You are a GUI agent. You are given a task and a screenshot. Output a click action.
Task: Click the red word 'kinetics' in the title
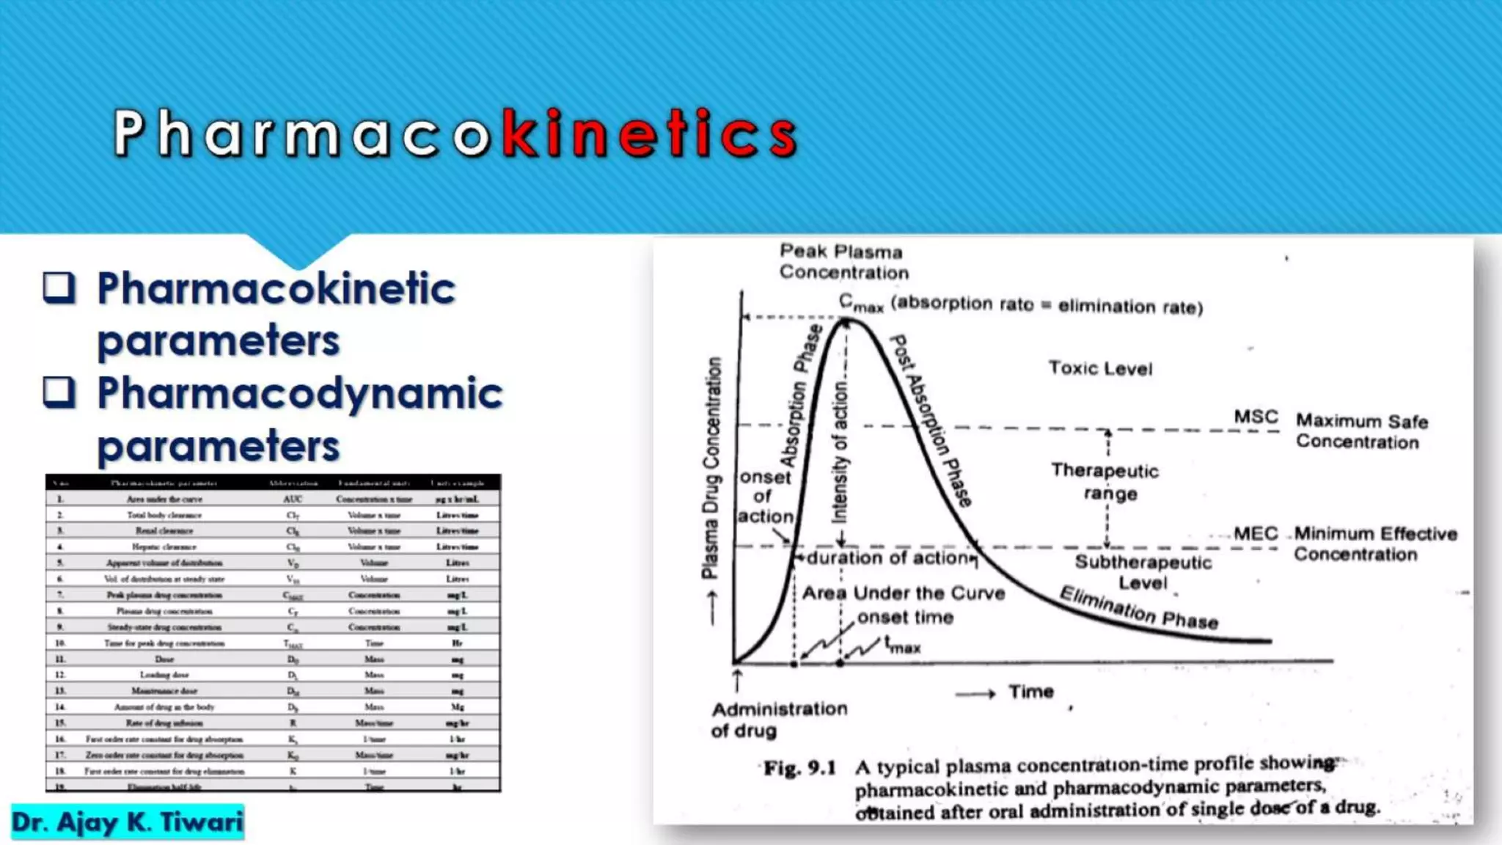[x=649, y=133]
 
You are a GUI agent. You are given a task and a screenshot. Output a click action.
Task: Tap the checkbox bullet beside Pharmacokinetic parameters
[x=59, y=288]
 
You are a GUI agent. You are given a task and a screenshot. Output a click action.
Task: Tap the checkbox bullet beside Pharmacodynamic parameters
[x=59, y=392]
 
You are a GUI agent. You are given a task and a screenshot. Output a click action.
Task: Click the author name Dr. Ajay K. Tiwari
[x=127, y=822]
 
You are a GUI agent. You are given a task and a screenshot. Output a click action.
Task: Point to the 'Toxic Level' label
[x=1100, y=368]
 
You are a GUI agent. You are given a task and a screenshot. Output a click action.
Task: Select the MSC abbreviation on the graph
[x=1256, y=417]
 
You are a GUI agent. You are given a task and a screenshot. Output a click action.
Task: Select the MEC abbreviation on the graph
[x=1256, y=533]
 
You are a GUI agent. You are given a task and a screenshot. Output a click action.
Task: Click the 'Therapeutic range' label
[x=1106, y=481]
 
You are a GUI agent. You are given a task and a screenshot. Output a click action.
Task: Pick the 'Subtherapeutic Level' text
[x=1143, y=572]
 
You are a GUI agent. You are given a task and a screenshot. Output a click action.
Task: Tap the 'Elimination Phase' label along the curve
[x=1139, y=608]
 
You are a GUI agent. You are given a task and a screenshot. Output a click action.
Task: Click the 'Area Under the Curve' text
[x=904, y=593]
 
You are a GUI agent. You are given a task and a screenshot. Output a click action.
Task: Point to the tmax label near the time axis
[x=902, y=645]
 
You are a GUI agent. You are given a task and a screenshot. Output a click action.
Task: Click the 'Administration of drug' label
[x=779, y=720]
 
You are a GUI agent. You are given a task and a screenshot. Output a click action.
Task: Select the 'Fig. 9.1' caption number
[x=799, y=768]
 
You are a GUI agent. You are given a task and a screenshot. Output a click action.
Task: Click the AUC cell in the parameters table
[x=293, y=499]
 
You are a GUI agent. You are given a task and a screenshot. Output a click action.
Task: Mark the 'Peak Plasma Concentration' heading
[x=843, y=262]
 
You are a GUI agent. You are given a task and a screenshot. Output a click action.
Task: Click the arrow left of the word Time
[x=975, y=693]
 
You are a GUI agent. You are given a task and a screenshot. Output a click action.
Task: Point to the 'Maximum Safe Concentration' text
[x=1361, y=431]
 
